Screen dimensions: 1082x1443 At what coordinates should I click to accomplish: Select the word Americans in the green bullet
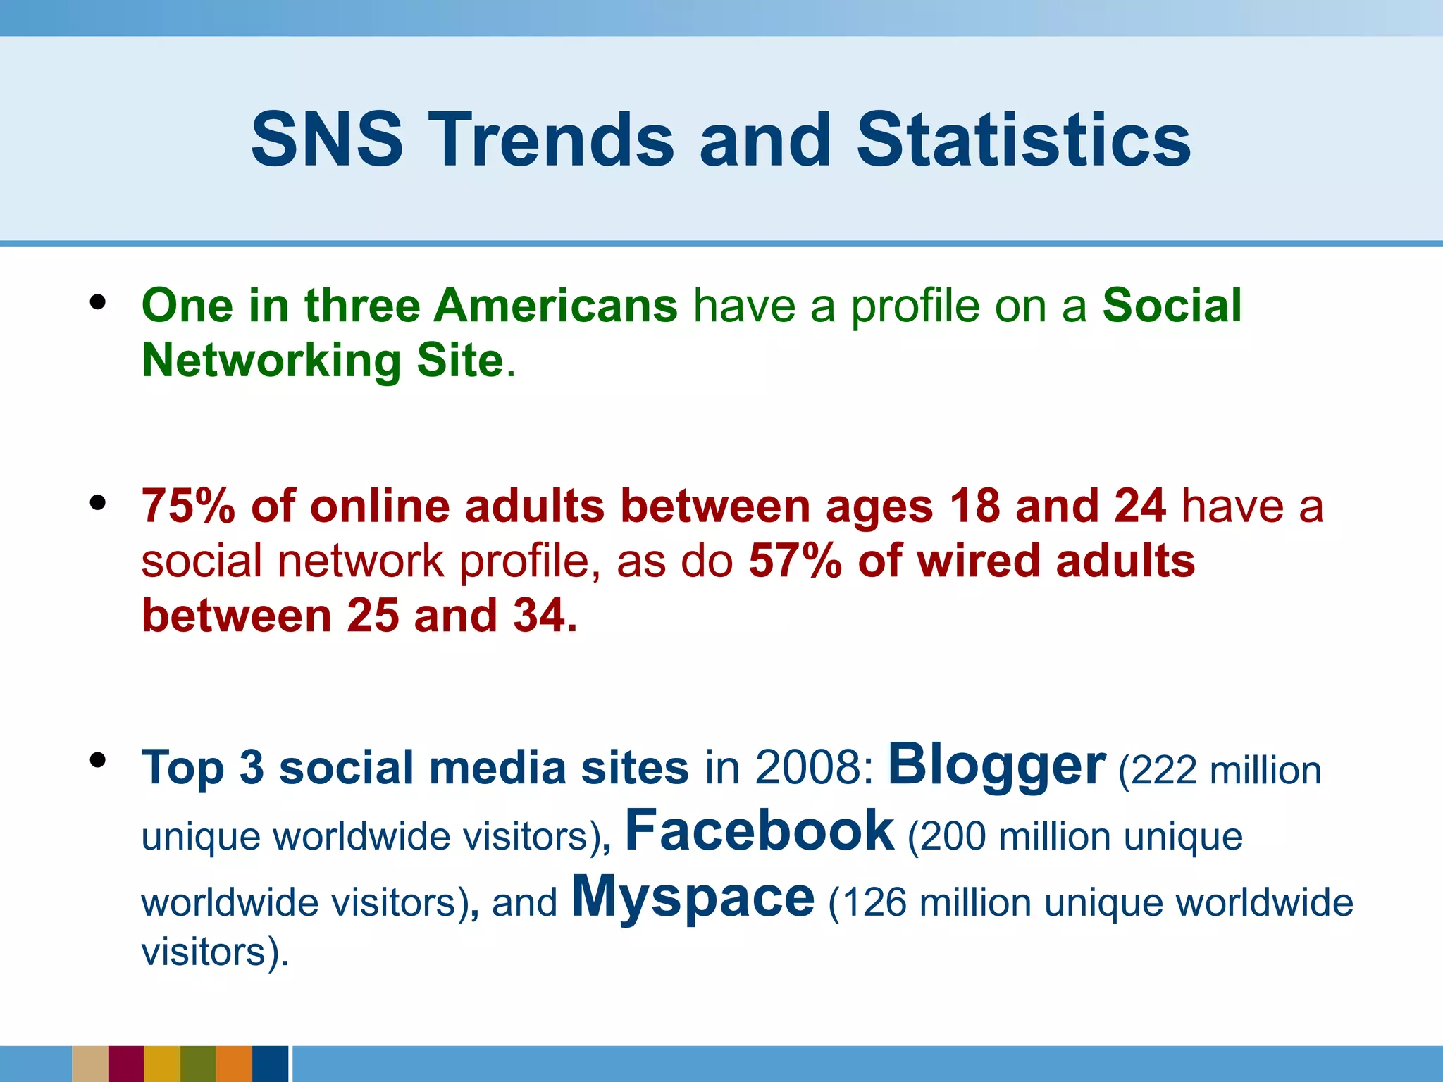pyautogui.click(x=555, y=306)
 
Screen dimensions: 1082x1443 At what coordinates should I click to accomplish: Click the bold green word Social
pyautogui.click(x=1172, y=306)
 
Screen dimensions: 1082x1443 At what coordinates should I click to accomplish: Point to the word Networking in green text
pyautogui.click(x=271, y=361)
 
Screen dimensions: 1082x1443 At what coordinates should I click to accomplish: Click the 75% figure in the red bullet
pyautogui.click(x=188, y=506)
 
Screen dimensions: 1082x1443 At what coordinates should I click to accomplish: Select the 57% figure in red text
pyautogui.click(x=795, y=561)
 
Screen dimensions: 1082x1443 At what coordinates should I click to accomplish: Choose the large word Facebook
pyautogui.click(x=760, y=831)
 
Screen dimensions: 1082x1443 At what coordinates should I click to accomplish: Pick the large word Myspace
pyautogui.click(x=693, y=897)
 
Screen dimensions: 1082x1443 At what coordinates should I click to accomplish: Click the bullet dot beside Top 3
pyautogui.click(x=98, y=760)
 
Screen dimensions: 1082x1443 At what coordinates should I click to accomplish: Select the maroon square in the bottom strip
pyautogui.click(x=126, y=1064)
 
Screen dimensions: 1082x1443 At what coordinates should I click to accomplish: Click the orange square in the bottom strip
pyautogui.click(x=234, y=1064)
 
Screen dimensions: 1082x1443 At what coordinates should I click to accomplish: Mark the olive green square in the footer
pyautogui.click(x=198, y=1064)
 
